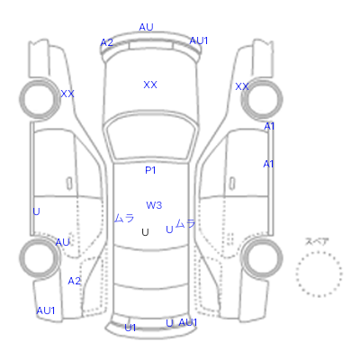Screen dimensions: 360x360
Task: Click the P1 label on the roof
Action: (150, 170)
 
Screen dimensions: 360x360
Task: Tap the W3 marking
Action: (154, 205)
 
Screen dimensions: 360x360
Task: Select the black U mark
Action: (145, 232)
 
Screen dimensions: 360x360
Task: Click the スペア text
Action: (317, 241)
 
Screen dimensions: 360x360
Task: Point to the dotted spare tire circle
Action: (319, 252)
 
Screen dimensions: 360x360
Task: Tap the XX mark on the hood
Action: (150, 85)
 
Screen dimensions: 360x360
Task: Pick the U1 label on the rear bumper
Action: (130, 328)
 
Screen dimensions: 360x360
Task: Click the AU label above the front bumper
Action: (146, 27)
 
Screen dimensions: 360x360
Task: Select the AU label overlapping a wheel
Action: (63, 242)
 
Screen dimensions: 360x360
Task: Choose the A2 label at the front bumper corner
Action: (107, 42)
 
